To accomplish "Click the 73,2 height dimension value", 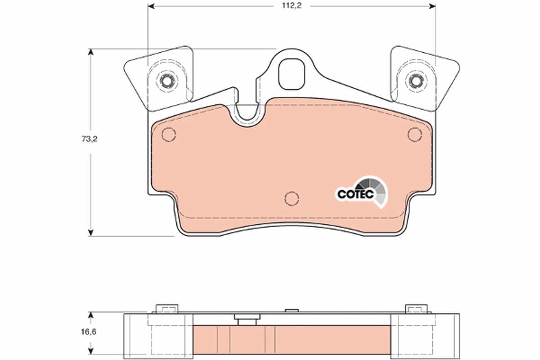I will [x=90, y=139].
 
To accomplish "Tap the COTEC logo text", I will [x=355, y=194].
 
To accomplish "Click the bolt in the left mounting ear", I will [x=166, y=81].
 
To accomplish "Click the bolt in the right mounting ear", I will [x=414, y=81].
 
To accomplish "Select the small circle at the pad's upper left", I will [x=168, y=134].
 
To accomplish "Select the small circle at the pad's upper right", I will [x=414, y=134].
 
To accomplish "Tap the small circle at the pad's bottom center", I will [x=292, y=198].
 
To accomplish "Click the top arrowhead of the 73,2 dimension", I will [x=90, y=52].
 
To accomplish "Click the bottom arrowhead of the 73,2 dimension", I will [x=90, y=232].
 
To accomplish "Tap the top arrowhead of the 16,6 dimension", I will [x=90, y=315].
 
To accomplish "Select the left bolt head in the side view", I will [x=167, y=309].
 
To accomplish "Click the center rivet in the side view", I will [x=247, y=319].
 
